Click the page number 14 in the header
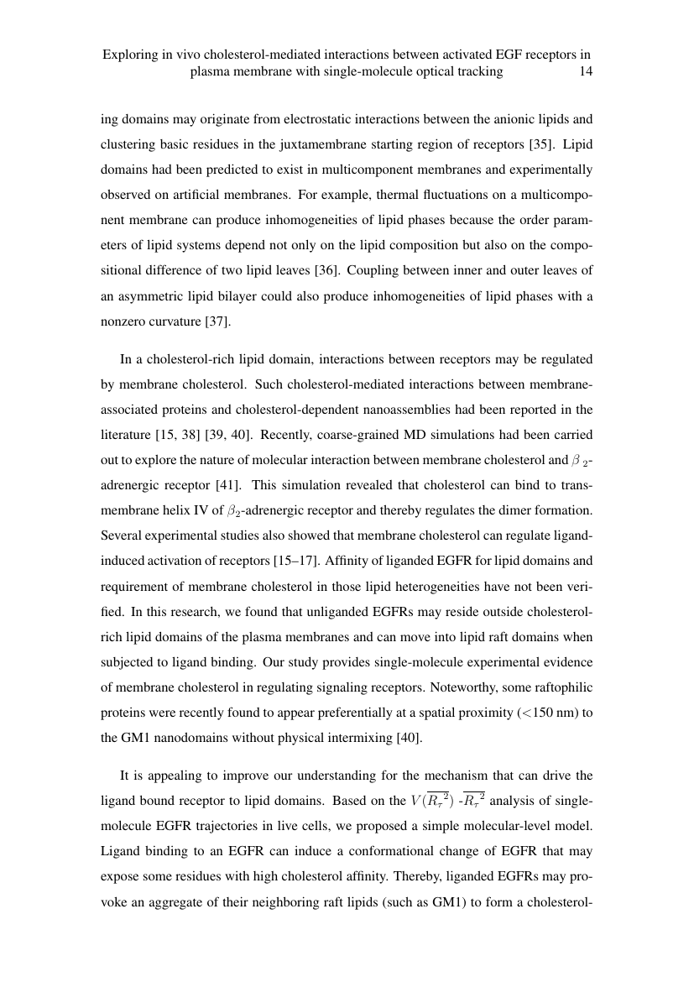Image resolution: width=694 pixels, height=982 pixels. tap(587, 72)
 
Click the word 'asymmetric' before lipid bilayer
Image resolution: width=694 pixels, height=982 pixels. tap(144, 296)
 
